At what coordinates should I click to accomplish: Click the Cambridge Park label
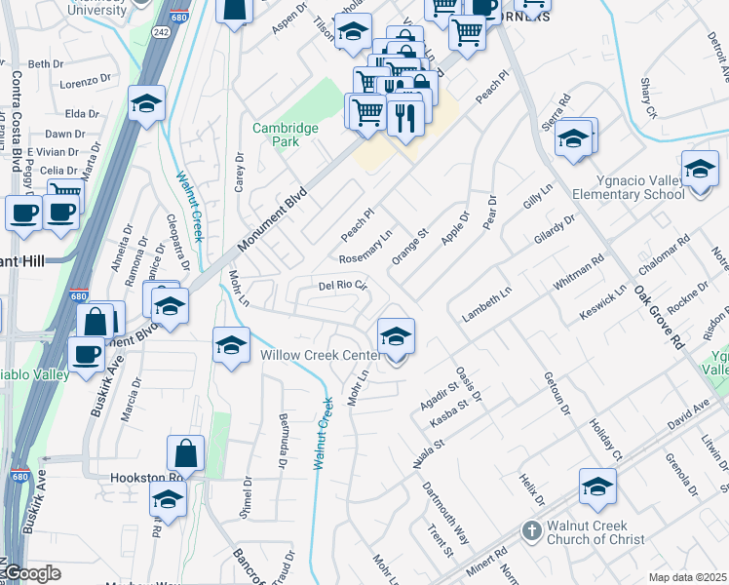pyautogui.click(x=286, y=135)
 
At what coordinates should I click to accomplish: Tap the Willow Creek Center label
pyautogui.click(x=320, y=355)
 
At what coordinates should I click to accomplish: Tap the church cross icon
pyautogui.click(x=531, y=531)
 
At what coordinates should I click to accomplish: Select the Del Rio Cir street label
pyautogui.click(x=342, y=286)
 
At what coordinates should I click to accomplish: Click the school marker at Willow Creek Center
pyautogui.click(x=395, y=337)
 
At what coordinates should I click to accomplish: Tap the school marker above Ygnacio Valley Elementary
pyautogui.click(x=700, y=171)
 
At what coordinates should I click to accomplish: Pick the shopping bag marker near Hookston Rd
pyautogui.click(x=185, y=454)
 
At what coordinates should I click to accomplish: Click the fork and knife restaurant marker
pyautogui.click(x=403, y=118)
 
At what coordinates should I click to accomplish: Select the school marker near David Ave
pyautogui.click(x=597, y=487)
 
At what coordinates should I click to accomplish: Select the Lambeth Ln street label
pyautogui.click(x=487, y=305)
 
